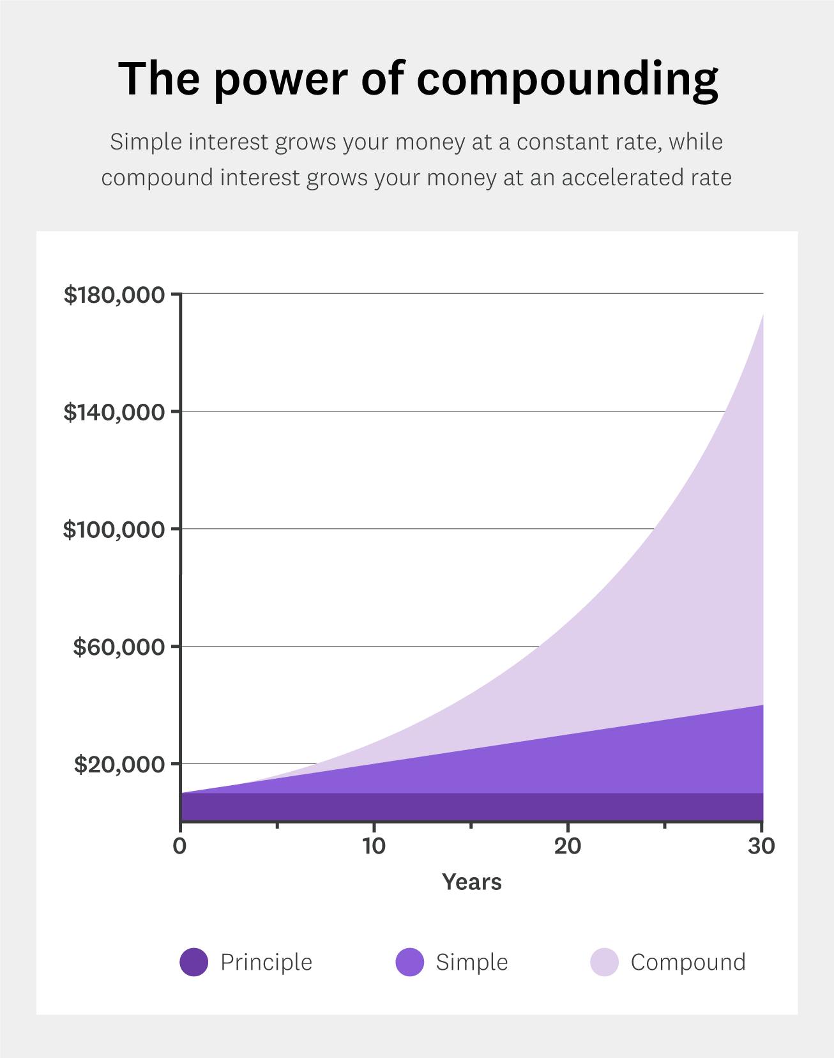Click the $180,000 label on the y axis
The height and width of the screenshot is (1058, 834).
[114, 295]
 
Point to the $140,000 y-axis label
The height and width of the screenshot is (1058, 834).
[114, 413]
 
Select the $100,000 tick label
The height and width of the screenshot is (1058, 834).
[114, 530]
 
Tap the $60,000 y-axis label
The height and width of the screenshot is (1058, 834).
[119, 647]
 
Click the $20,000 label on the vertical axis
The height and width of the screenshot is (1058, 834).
[119, 765]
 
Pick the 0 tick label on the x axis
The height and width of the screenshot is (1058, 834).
[179, 847]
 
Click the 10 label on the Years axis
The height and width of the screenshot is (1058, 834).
[374, 847]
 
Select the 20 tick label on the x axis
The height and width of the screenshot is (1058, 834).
[567, 847]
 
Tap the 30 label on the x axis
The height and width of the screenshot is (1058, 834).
[761, 847]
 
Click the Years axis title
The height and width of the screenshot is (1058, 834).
[472, 882]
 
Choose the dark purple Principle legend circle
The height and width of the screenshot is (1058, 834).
[193, 962]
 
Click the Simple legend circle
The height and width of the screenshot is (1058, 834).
[409, 962]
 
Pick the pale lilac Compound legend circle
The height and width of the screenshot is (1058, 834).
[604, 962]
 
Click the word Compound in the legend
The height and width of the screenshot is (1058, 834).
[688, 962]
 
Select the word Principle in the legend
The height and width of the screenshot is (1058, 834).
[266, 962]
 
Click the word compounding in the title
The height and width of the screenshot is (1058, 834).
[568, 79]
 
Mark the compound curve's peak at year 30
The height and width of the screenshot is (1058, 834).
[762, 315]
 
